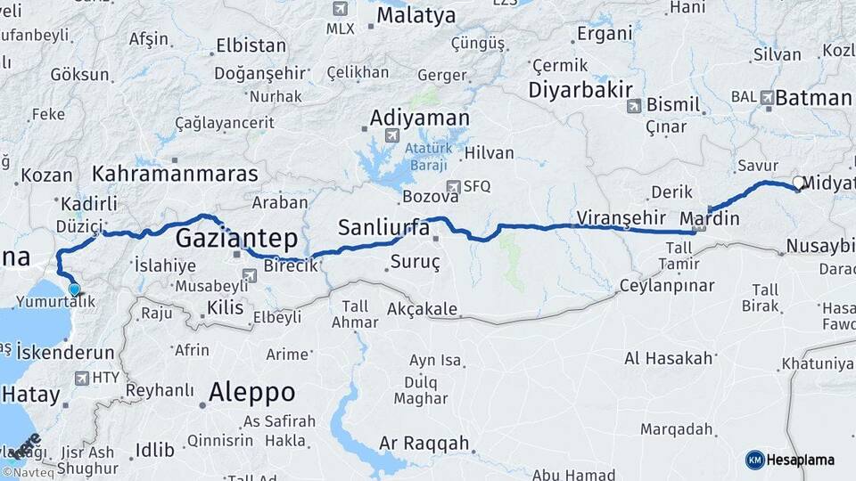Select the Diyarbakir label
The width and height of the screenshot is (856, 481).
click(580, 89)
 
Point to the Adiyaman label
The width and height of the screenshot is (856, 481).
click(419, 118)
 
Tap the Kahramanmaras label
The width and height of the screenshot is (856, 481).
click(175, 173)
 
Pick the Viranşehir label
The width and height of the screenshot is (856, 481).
click(621, 216)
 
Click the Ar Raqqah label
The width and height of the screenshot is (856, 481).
click(424, 443)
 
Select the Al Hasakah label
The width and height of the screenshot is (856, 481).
click(669, 358)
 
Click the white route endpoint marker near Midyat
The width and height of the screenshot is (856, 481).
click(798, 183)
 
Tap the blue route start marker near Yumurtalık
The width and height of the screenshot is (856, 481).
click(74, 289)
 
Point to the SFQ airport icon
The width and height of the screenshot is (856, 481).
click(454, 186)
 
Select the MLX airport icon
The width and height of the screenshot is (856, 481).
click(339, 9)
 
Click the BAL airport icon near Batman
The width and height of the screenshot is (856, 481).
click(767, 95)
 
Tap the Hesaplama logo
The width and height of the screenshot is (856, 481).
click(790, 460)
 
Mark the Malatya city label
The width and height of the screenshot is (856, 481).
click(416, 15)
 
